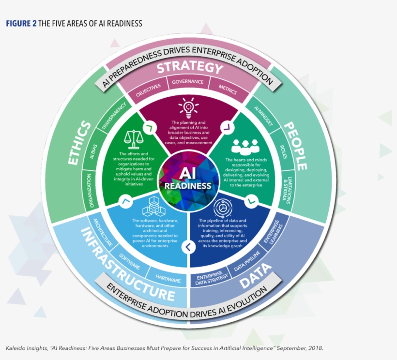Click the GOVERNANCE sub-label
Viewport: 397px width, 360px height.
pyautogui.click(x=188, y=82)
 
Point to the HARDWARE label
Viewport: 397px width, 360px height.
pyautogui.click(x=168, y=279)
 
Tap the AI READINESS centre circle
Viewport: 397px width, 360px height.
pyautogui.click(x=188, y=179)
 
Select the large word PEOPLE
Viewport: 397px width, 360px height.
pyautogui.click(x=295, y=145)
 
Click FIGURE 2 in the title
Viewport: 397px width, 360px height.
pyautogui.click(x=21, y=23)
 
